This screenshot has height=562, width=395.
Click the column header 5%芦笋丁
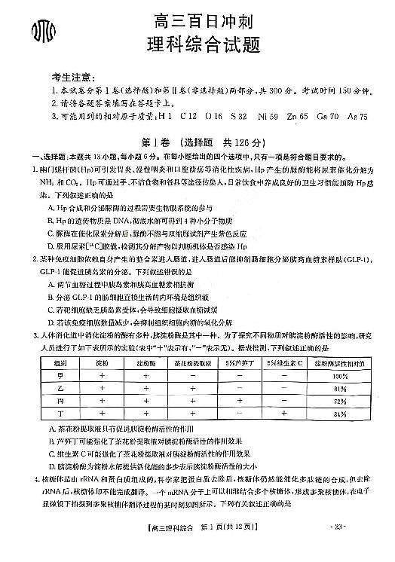pyautogui.click(x=238, y=362)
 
